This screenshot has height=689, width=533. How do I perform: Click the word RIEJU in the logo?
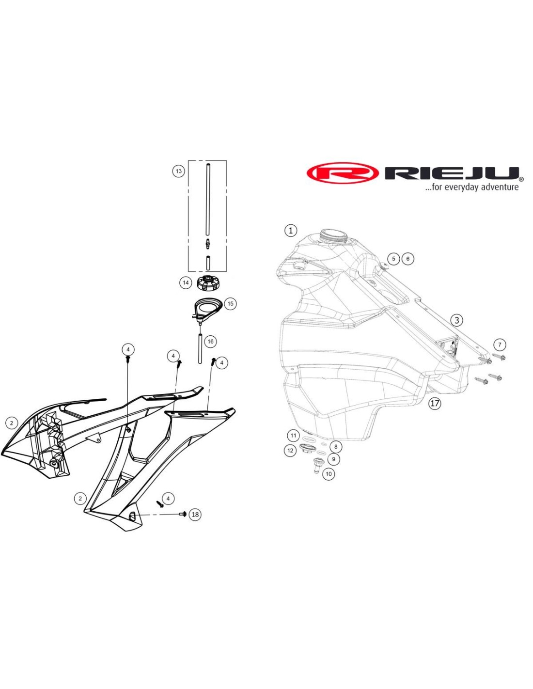[x=451, y=173]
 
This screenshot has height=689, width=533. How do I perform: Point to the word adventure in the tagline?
[x=500, y=187]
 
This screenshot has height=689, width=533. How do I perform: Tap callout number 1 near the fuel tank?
[x=291, y=231]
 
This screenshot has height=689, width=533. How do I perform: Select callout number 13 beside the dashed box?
[x=178, y=171]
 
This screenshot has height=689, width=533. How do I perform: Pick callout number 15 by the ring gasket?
[x=230, y=304]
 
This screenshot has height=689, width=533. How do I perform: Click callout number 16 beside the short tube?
[x=210, y=342]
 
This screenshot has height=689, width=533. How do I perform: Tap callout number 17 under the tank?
[x=435, y=403]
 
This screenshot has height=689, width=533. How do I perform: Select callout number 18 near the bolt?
[x=195, y=514]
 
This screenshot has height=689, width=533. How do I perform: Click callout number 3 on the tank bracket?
[x=456, y=320]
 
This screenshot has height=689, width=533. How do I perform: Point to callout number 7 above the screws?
[x=500, y=344]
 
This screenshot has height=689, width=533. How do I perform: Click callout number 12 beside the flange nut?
[x=290, y=451]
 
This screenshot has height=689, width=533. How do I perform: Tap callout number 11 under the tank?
[x=293, y=435]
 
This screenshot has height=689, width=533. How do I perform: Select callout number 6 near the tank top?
[x=408, y=259]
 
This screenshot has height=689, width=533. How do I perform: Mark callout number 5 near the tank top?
[x=393, y=259]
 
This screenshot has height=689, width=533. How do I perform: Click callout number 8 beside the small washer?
[x=336, y=447]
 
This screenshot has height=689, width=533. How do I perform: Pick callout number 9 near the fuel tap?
[x=333, y=459]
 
